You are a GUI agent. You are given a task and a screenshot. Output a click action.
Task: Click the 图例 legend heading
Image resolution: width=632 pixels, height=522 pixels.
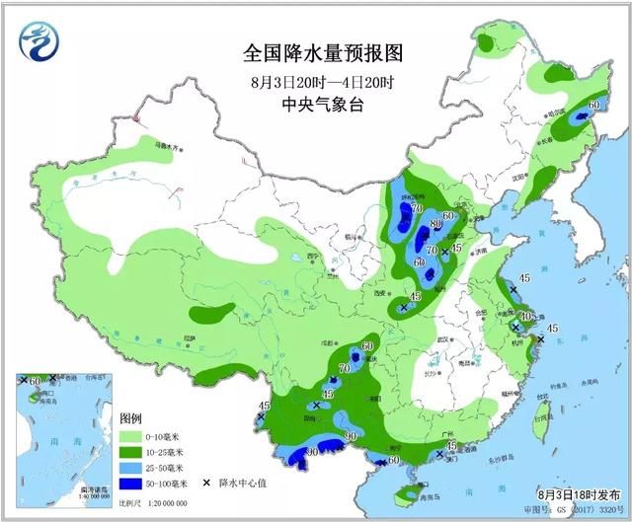(132, 418)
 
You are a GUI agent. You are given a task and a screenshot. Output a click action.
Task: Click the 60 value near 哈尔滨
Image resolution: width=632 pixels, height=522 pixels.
(593, 104)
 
